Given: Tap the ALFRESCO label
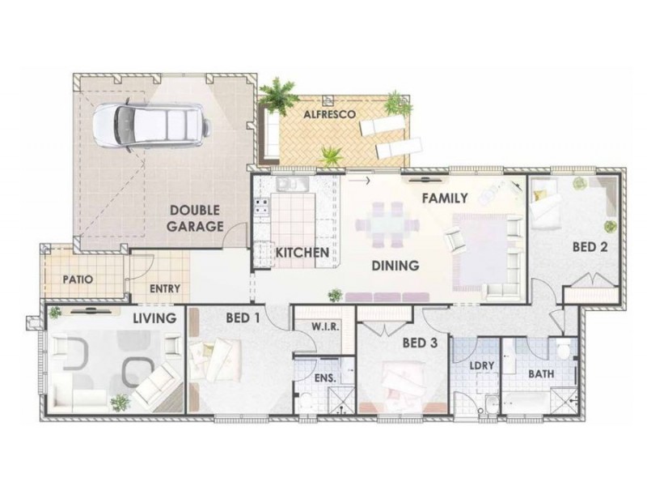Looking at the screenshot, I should tap(330, 116).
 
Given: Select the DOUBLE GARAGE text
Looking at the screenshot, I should tap(196, 219).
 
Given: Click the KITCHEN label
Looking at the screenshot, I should tap(302, 253).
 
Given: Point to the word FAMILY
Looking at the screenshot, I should tap(445, 198).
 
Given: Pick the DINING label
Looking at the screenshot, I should tap(395, 265).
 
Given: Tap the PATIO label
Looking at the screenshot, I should tap(78, 279).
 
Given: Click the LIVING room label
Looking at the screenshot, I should tap(154, 318).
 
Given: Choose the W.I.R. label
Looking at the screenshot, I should tap(325, 326).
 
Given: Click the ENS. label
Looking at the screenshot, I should tap(324, 378).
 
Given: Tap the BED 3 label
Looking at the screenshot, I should tap(420, 343).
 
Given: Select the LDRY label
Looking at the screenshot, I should tap(482, 365).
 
